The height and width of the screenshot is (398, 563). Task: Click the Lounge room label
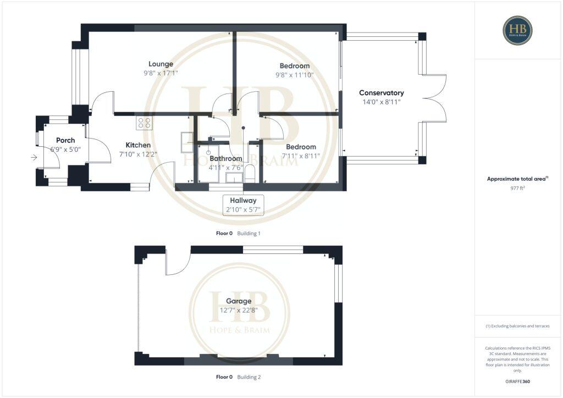[161, 64]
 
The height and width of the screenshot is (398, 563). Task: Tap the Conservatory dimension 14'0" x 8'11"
[381, 102]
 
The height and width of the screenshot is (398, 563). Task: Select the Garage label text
[239, 301]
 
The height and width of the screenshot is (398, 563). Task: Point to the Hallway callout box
[243, 204]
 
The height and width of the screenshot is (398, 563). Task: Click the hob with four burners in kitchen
[145, 123]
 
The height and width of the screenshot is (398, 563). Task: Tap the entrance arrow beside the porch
[34, 158]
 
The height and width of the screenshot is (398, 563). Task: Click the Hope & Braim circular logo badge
[517, 30]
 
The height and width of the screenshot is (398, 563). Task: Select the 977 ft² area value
[517, 188]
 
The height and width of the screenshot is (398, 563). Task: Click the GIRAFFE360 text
[517, 382]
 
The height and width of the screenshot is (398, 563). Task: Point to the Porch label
[65, 140]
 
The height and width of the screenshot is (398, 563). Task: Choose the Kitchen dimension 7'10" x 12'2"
[135, 154]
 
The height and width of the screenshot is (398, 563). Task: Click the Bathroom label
[225, 158]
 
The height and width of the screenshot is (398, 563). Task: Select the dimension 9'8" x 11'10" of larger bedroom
[294, 75]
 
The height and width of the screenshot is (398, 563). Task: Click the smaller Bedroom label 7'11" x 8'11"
[300, 147]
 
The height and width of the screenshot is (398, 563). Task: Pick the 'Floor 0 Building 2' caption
[238, 378]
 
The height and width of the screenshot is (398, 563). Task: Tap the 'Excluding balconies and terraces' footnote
[517, 326]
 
